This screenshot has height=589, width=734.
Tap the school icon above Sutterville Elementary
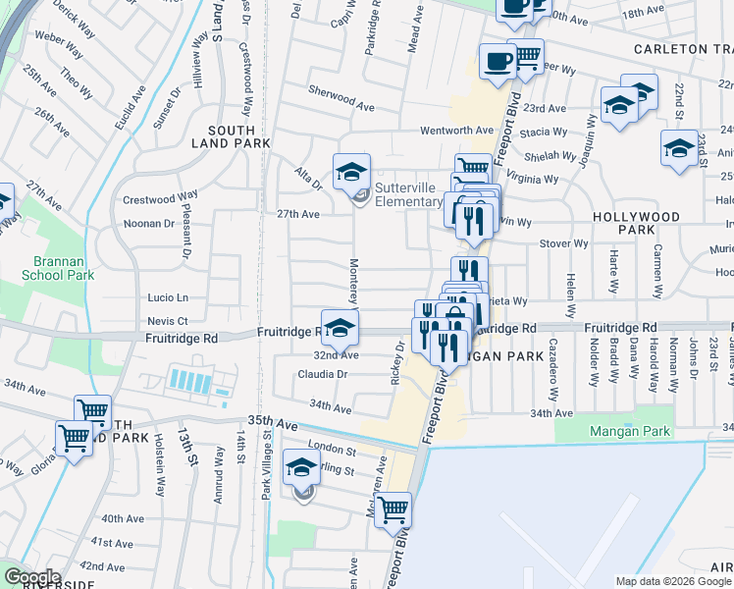click(x=351, y=172)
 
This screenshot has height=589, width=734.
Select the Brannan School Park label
click(x=58, y=268)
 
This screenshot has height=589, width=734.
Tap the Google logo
click(x=32, y=576)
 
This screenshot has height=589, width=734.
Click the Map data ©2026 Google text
click(x=672, y=581)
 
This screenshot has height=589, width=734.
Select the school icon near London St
click(x=301, y=468)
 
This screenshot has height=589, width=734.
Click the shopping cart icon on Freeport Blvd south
click(x=393, y=509)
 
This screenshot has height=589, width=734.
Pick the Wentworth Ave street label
click(x=456, y=130)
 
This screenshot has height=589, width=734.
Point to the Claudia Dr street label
click(x=323, y=374)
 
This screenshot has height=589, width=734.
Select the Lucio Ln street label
click(x=168, y=296)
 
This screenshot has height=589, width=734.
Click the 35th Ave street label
click(x=272, y=421)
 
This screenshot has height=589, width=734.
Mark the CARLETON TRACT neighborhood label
click(x=683, y=49)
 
